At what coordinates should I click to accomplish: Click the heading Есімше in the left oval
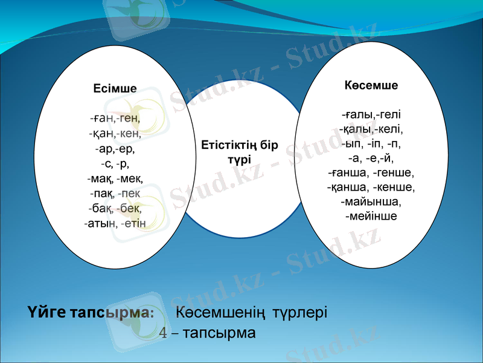click(115, 89)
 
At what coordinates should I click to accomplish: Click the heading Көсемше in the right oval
click(371, 85)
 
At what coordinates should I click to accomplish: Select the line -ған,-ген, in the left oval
click(115, 118)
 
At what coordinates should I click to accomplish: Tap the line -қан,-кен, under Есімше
click(115, 133)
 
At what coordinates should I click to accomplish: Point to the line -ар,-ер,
click(115, 148)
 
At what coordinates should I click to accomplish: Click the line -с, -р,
click(115, 163)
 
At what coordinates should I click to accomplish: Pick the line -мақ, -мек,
click(115, 178)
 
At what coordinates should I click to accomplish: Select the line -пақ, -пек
click(115, 194)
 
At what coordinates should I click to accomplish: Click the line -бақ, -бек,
click(115, 209)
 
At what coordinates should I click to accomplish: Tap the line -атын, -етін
click(115, 224)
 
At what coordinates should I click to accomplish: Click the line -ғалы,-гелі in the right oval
click(371, 114)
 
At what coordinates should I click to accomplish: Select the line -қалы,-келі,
click(371, 129)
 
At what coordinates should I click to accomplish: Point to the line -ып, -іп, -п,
click(371, 144)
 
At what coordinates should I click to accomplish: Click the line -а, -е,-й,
click(371, 159)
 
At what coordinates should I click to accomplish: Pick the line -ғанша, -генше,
click(371, 173)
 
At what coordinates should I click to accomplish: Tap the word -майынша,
click(371, 201)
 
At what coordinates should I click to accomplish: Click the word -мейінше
click(371, 216)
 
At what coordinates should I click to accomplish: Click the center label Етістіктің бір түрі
click(240, 152)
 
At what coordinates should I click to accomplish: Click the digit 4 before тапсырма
click(163, 333)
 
